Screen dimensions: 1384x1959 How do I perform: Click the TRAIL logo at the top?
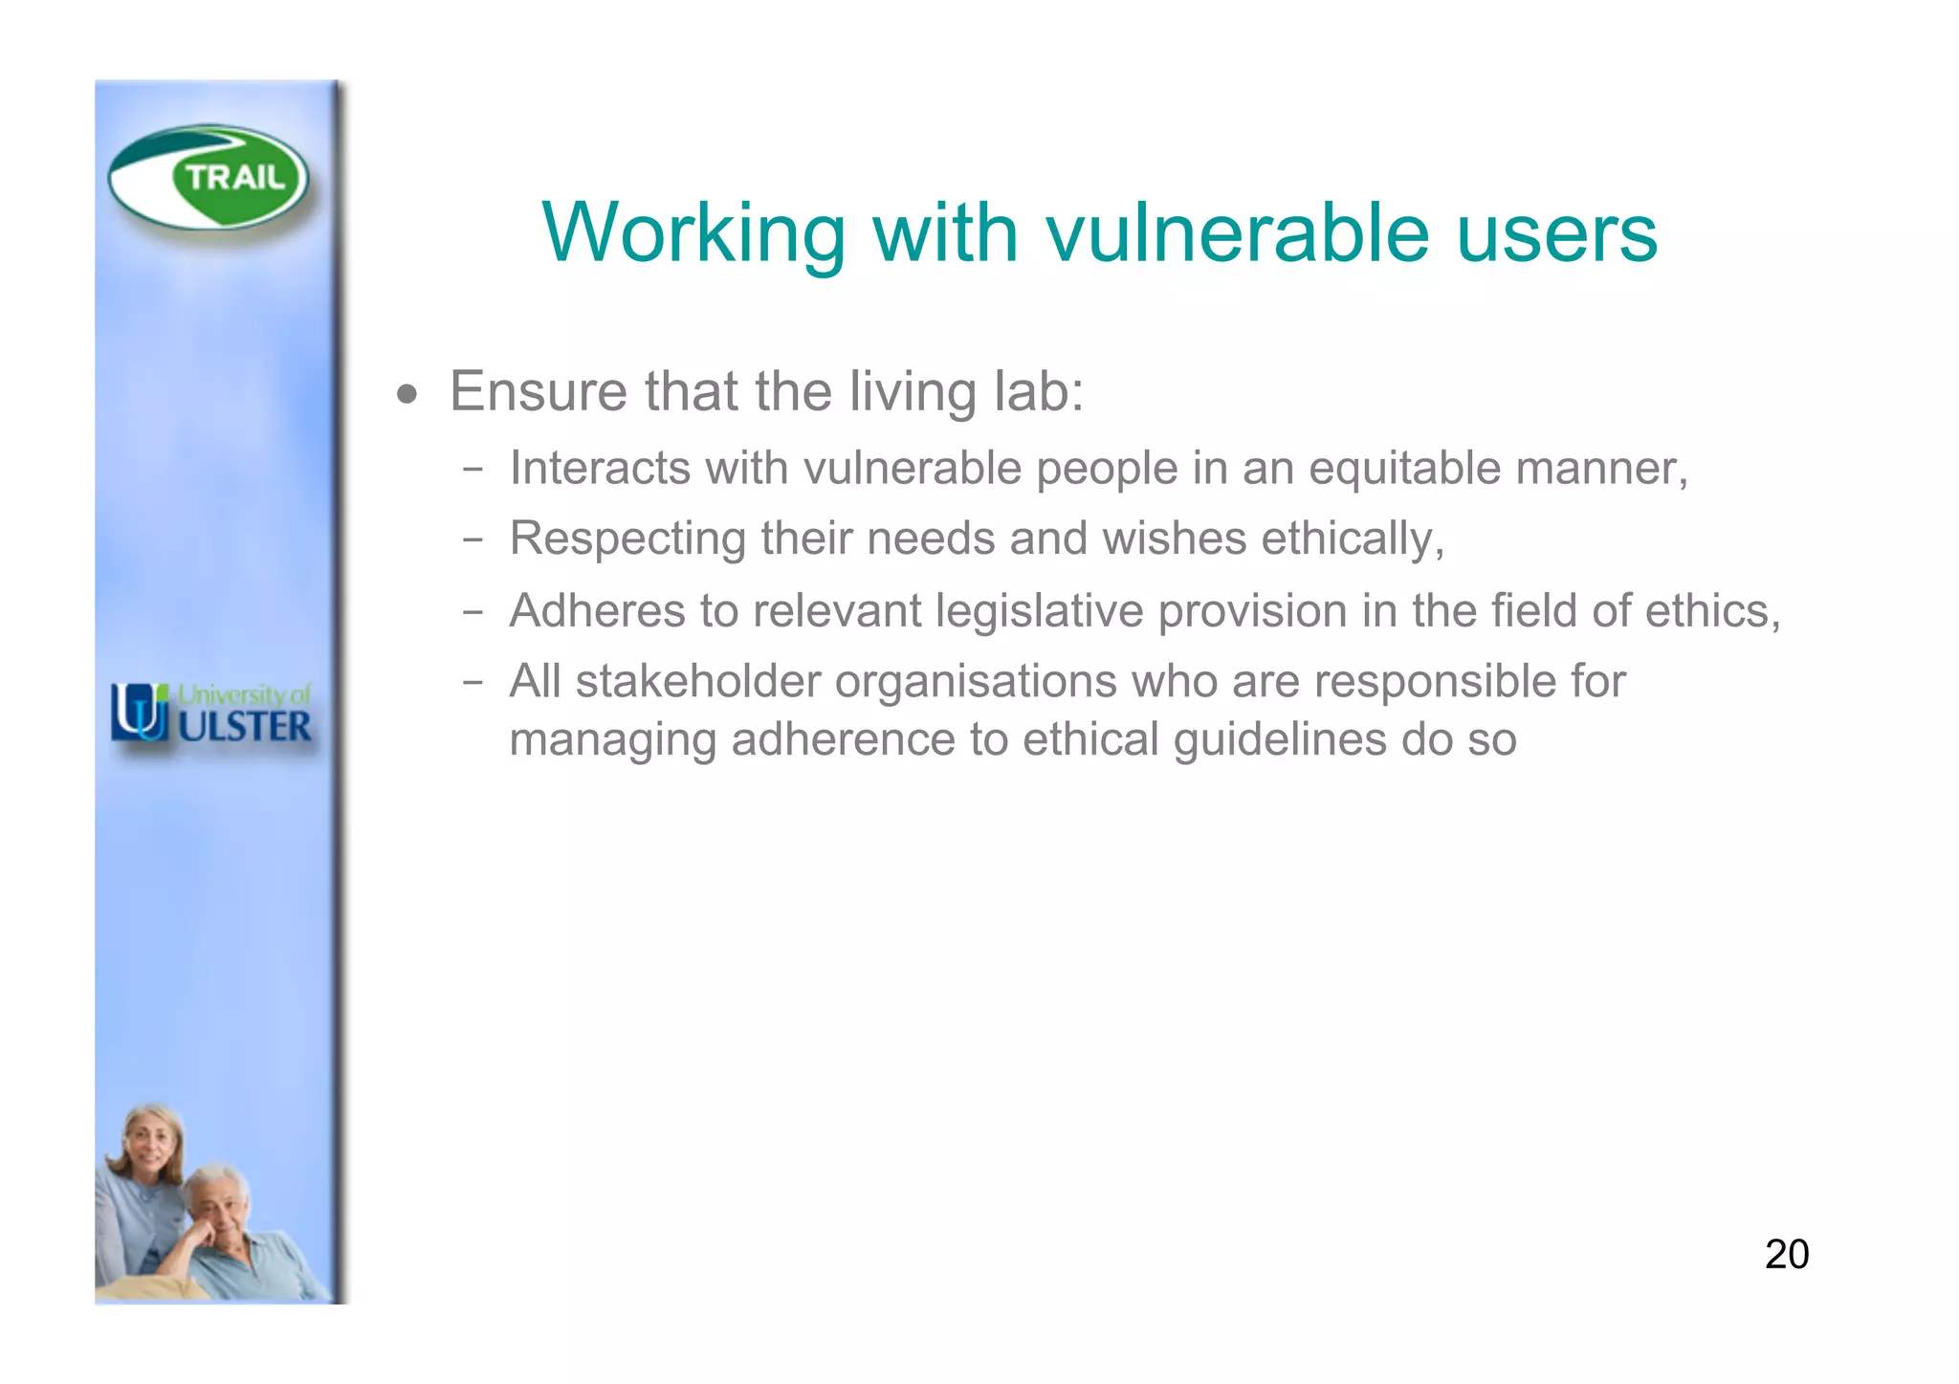(x=209, y=178)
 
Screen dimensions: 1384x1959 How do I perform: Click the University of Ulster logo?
(x=211, y=714)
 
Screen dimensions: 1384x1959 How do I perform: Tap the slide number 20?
(x=1786, y=1254)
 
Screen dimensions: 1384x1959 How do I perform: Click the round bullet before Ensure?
(x=407, y=394)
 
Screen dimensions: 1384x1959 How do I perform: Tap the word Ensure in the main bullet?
(x=538, y=391)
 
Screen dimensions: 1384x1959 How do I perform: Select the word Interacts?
(x=600, y=468)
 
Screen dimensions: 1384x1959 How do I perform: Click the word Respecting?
(x=627, y=538)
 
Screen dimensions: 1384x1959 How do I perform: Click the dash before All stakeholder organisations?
(x=472, y=683)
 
